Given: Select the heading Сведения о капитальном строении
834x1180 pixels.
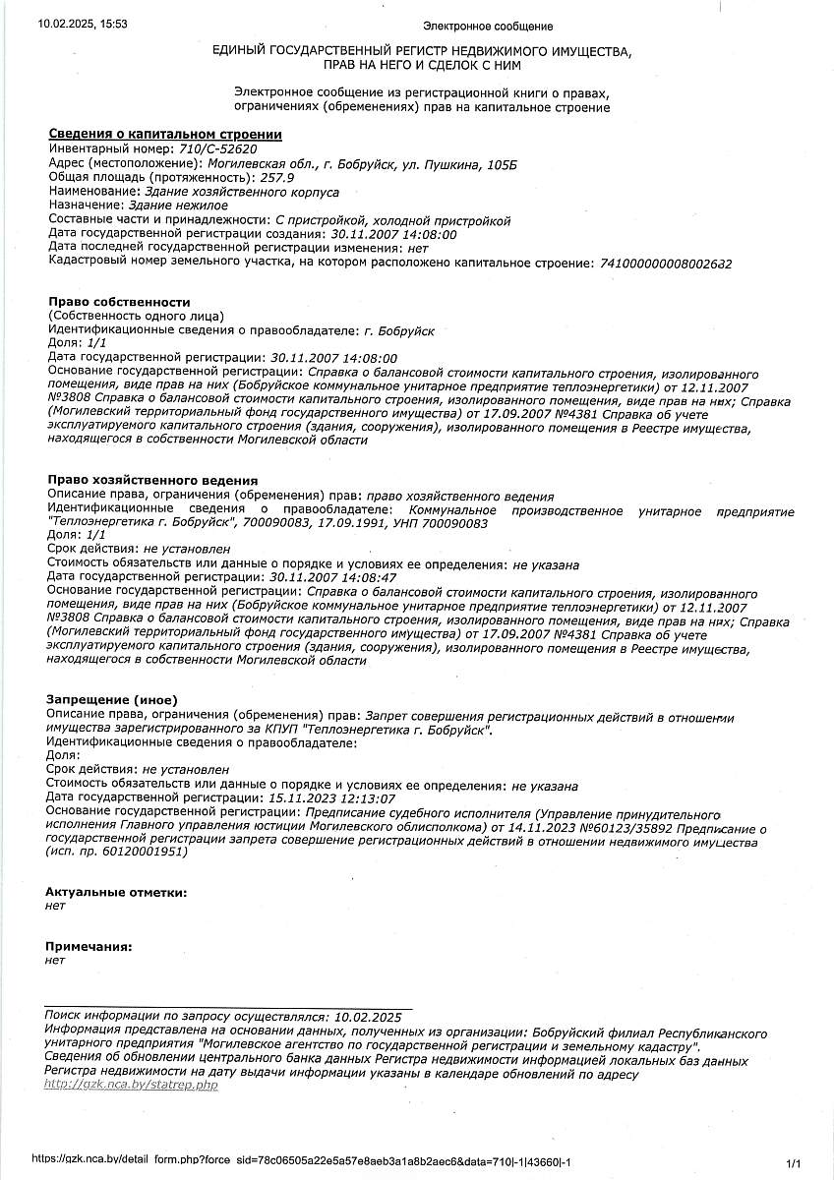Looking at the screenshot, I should (x=165, y=135).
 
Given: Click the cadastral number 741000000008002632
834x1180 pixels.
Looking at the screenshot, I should (x=665, y=264).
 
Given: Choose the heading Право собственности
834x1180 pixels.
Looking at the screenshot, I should (x=119, y=301).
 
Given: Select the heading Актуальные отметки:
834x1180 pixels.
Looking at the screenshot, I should (x=116, y=892).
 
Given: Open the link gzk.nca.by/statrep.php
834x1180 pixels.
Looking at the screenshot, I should (x=131, y=1085).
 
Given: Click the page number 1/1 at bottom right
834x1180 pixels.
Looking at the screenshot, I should (x=795, y=1161).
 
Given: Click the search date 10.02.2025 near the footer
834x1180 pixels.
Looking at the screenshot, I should (x=368, y=1017).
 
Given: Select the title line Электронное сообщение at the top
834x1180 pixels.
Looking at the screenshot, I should (x=487, y=27).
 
